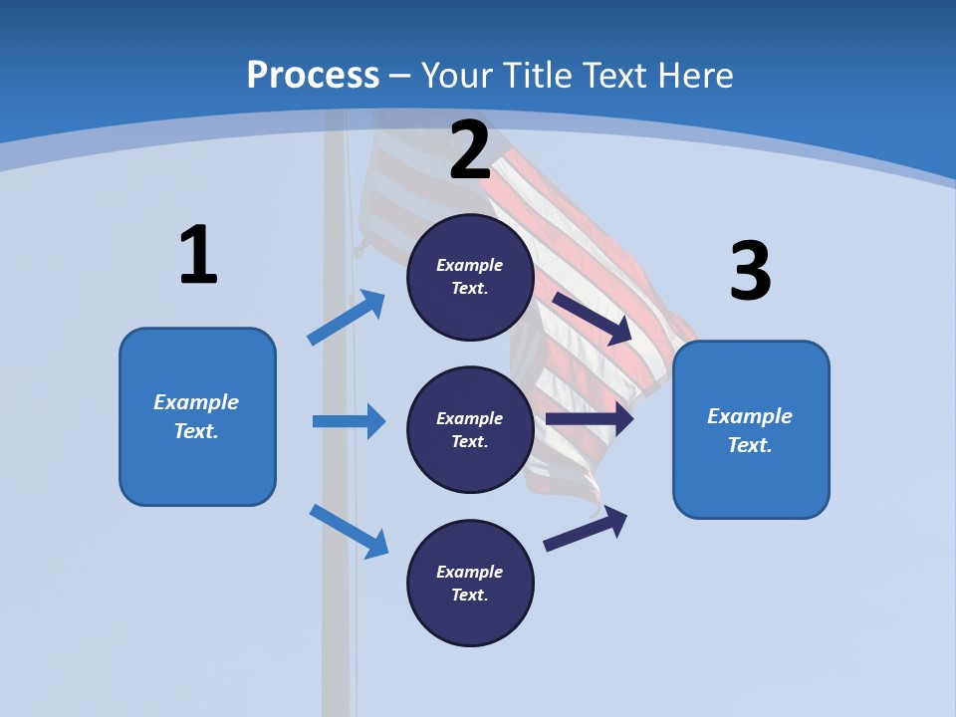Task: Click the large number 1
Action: click(x=198, y=256)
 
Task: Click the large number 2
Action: click(x=470, y=150)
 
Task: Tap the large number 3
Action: click(x=751, y=272)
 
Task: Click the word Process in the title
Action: click(x=313, y=75)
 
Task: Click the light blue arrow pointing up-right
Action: click(x=346, y=319)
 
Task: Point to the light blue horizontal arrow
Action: click(x=349, y=421)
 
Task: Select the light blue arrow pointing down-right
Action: click(x=349, y=531)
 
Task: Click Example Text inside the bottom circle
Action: click(x=470, y=584)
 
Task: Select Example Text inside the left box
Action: click(x=196, y=416)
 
